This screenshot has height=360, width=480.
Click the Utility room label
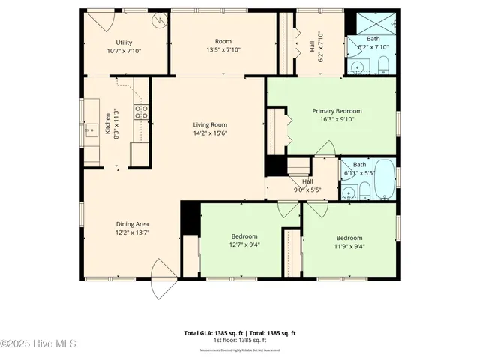pos(124,43)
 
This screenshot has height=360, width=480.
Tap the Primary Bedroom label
pos(337,110)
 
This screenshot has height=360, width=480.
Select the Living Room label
pos(209,124)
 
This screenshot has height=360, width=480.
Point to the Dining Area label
pos(131,223)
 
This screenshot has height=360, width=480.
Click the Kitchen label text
pos(108,122)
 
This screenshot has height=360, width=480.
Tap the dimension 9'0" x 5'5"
pos(307,190)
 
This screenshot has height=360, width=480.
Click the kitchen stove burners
pos(140,112)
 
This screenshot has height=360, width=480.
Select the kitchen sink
pos(91,132)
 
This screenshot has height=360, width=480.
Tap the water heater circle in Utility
pos(158,20)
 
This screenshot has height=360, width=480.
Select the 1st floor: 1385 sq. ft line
pos(240,340)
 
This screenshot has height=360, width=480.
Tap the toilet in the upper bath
pos(383,64)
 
